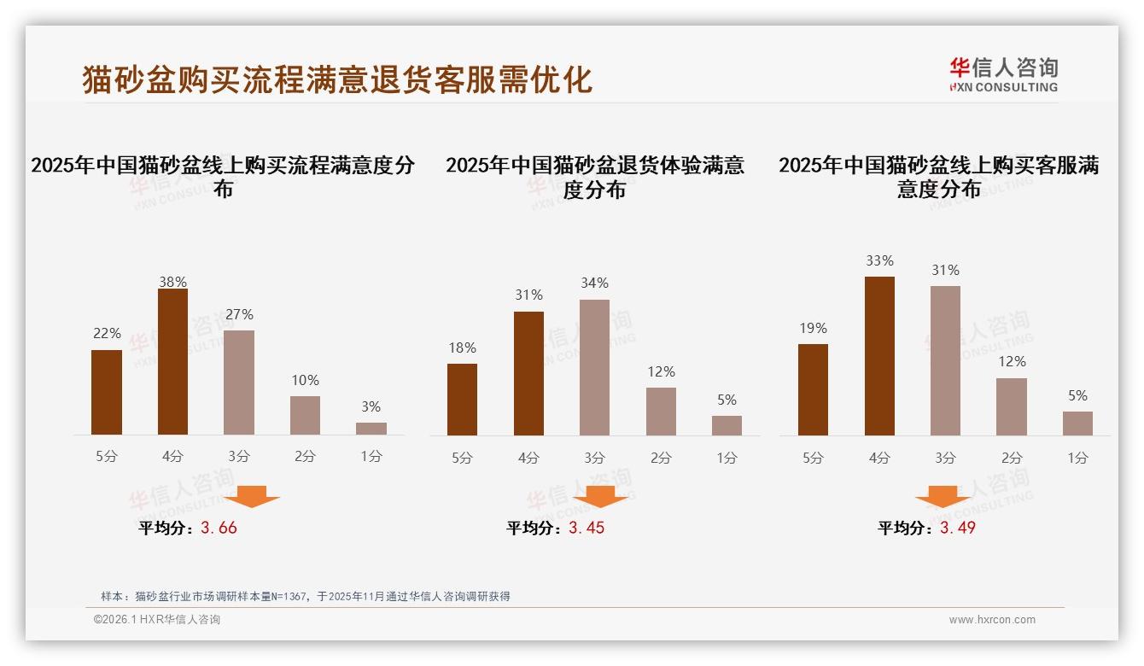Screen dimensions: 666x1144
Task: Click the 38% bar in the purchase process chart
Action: pyautogui.click(x=172, y=362)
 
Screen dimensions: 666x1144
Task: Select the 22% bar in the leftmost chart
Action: pyautogui.click(x=107, y=392)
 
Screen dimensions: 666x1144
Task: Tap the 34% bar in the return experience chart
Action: pyautogui.click(x=594, y=367)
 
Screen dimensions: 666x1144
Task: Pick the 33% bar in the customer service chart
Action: pyautogui.click(x=879, y=356)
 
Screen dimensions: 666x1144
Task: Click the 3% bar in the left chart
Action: pyautogui.click(x=371, y=429)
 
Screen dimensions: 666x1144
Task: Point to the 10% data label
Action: pyautogui.click(x=305, y=381)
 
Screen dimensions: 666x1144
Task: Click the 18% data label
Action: pyautogui.click(x=462, y=348)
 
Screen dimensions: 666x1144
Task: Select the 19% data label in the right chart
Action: pyautogui.click(x=813, y=329)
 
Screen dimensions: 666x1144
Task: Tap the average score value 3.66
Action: pyautogui.click(x=219, y=528)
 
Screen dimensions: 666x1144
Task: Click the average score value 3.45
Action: pyautogui.click(x=587, y=528)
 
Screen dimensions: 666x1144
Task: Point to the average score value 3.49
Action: pyautogui.click(x=957, y=528)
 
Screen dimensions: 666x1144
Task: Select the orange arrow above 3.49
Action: pyautogui.click(x=943, y=497)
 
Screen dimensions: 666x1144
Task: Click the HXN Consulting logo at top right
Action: pyautogui.click(x=1003, y=75)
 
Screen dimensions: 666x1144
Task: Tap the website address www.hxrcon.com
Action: pyautogui.click(x=992, y=620)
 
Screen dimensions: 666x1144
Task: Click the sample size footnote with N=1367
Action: pyautogui.click(x=305, y=596)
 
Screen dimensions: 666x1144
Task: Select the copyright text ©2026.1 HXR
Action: pyautogui.click(x=157, y=620)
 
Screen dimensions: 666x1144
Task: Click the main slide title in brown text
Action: pyautogui.click(x=337, y=80)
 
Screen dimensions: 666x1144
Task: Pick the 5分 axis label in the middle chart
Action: pyautogui.click(x=462, y=458)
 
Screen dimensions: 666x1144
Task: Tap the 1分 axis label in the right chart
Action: pyautogui.click(x=1077, y=458)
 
